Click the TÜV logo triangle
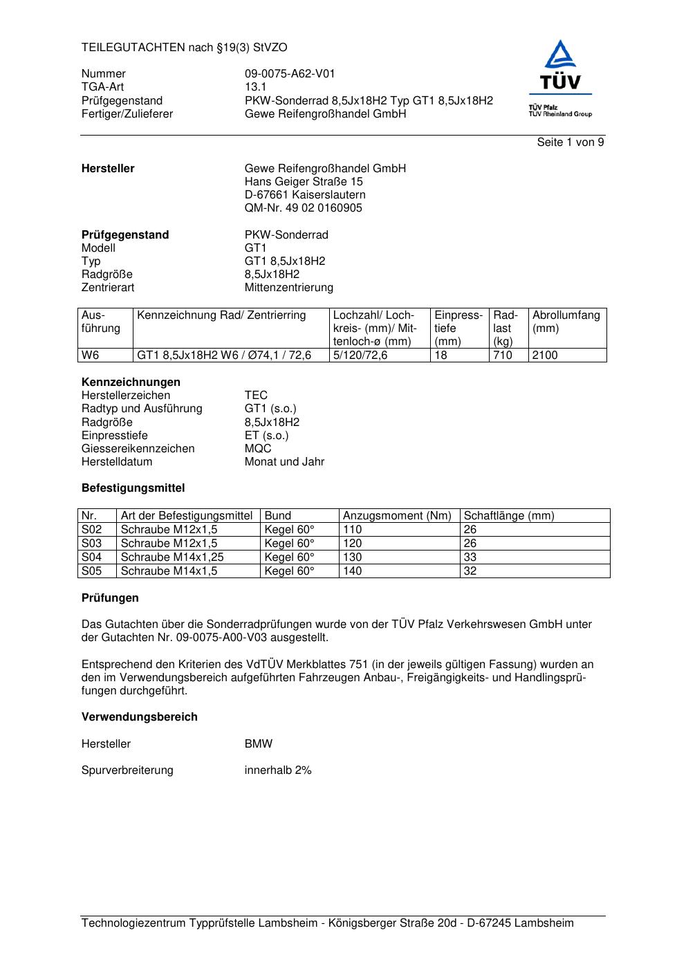559,55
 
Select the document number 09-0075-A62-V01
290,74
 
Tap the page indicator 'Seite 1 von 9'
570,142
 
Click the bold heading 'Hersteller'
108,169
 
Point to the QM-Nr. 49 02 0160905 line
303,208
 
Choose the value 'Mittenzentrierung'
288,288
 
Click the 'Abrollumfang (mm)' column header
566,322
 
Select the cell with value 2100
545,355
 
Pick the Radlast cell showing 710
503,355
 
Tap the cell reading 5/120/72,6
360,355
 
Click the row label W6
91,355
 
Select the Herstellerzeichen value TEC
256,396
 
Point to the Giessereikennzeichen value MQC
258,449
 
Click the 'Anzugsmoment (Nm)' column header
397,516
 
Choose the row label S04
91,557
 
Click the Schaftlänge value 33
470,557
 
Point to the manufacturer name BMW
259,744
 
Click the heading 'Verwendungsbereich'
139,717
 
